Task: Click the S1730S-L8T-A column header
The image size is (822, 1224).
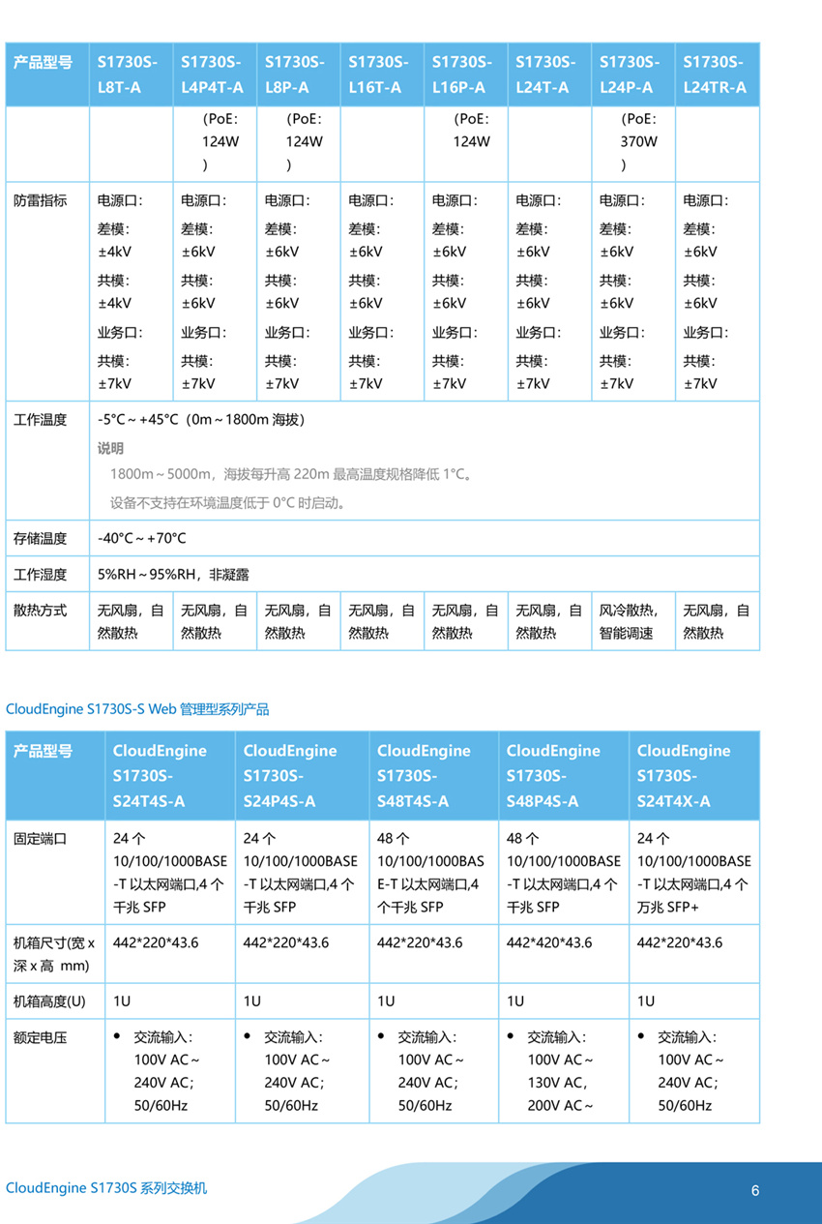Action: pyautogui.click(x=127, y=75)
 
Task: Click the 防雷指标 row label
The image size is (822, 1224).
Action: pyautogui.click(x=41, y=201)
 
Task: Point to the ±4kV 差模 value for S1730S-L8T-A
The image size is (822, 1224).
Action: pyautogui.click(x=115, y=252)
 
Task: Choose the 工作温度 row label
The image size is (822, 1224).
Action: pyautogui.click(x=41, y=421)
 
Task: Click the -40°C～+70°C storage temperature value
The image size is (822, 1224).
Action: pyautogui.click(x=142, y=538)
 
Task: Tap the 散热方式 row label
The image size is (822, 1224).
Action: pyautogui.click(x=41, y=612)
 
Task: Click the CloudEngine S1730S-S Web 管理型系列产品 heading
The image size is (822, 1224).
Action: pyautogui.click(x=137, y=709)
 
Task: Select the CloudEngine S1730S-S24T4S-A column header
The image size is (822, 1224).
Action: pyautogui.click(x=160, y=776)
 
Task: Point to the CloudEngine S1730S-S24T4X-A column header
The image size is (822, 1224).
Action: pyautogui.click(x=684, y=776)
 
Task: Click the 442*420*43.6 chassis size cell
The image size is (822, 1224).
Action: pyautogui.click(x=549, y=943)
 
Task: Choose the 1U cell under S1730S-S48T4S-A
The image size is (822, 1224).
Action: pyautogui.click(x=386, y=1001)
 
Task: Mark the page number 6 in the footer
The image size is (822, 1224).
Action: pyautogui.click(x=755, y=1189)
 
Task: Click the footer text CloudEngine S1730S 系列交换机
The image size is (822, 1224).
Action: pyautogui.click(x=106, y=1188)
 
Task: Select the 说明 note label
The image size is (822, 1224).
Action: pyautogui.click(x=111, y=449)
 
